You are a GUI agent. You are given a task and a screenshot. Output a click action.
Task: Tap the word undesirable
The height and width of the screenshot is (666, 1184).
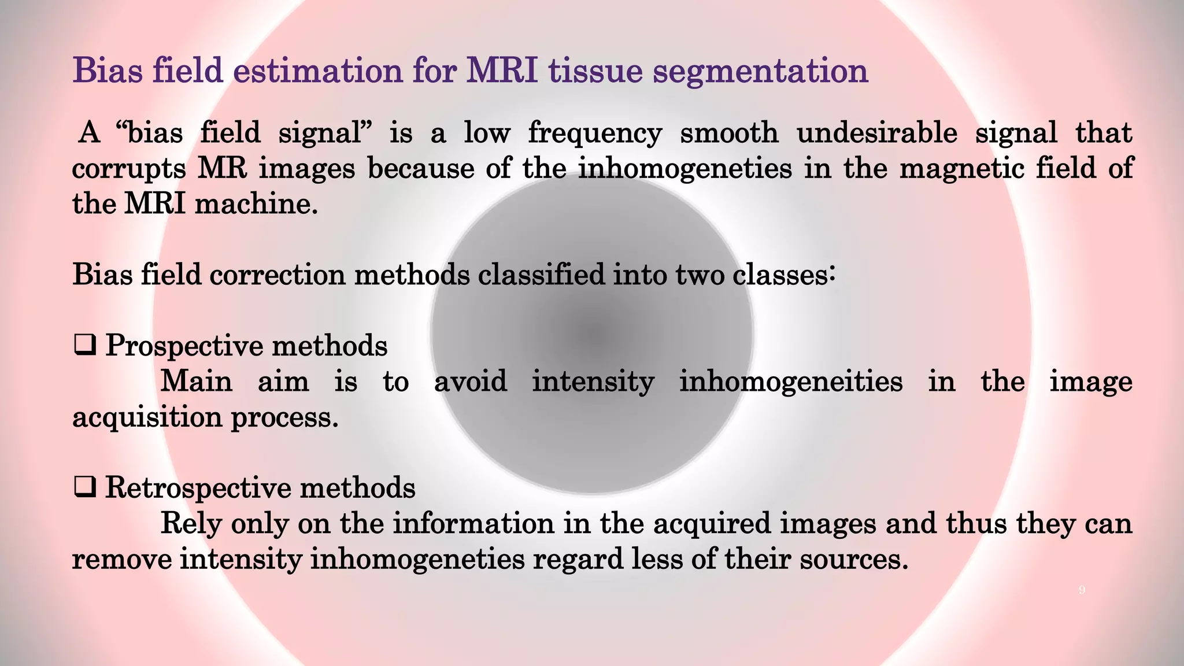(x=876, y=133)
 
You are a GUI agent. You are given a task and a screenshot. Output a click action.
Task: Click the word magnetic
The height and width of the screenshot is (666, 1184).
(x=961, y=169)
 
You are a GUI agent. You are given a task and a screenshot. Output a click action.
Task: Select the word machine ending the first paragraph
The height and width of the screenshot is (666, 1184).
(x=256, y=204)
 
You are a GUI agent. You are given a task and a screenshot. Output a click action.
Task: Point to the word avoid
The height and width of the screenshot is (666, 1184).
(x=471, y=382)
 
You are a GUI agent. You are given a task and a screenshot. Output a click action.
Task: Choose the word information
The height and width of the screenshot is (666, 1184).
(x=473, y=524)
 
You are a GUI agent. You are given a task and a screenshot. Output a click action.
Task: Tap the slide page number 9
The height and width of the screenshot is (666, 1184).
(x=1082, y=590)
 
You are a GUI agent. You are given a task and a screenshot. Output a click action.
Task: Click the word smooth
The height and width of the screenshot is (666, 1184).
(x=729, y=133)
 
